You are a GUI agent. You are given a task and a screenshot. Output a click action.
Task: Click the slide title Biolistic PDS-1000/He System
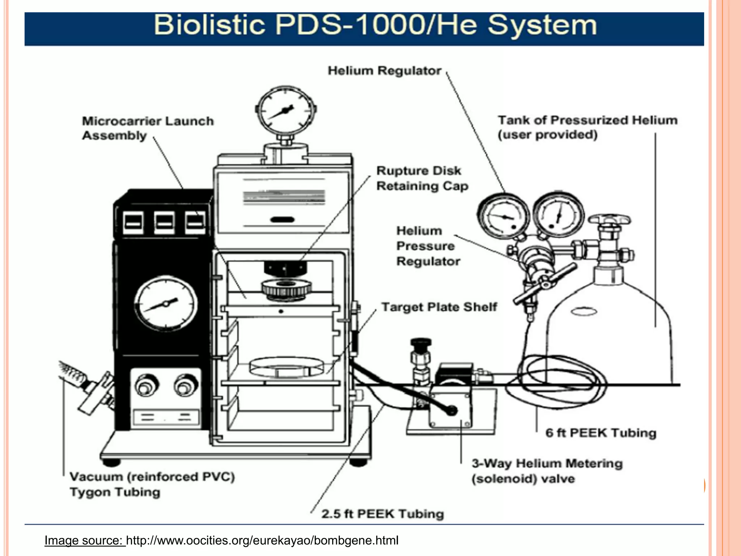coord(375,25)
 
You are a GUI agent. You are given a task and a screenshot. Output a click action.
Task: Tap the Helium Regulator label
coord(384,71)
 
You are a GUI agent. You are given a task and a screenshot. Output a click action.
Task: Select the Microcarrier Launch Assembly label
coord(148,128)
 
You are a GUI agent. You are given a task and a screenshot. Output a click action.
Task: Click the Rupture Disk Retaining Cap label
coord(422,178)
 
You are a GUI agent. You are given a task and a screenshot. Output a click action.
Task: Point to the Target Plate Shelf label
coord(439,307)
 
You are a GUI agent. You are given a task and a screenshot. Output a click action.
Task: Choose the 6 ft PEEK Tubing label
coord(601,433)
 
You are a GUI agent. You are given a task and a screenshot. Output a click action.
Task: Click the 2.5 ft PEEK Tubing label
coord(382,514)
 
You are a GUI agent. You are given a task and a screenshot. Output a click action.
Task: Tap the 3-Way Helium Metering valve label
coord(547,471)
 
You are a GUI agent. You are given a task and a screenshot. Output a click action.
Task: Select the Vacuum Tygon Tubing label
coord(152,484)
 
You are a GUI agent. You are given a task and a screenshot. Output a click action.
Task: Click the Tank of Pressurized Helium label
coord(587,127)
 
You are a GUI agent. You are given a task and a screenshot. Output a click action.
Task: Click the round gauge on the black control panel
coord(166,303)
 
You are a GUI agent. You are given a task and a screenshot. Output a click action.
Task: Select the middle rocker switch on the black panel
coord(164,222)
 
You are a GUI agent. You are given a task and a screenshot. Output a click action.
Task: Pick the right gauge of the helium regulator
coord(558,214)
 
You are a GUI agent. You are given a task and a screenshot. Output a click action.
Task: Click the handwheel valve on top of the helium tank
coord(609,220)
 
